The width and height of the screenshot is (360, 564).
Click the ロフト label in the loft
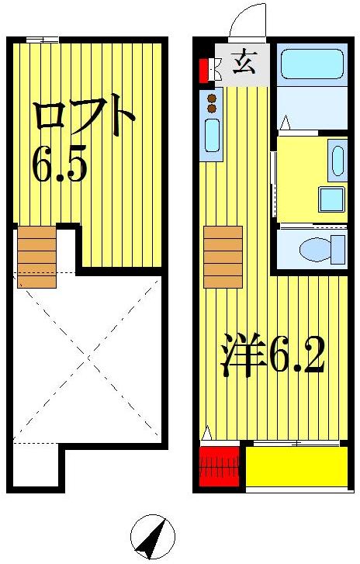point(85,117)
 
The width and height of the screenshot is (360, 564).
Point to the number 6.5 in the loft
point(59,164)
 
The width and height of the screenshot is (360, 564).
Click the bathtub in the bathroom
point(310,64)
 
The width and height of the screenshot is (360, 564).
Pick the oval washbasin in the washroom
point(337,161)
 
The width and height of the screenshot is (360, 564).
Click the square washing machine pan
point(332,200)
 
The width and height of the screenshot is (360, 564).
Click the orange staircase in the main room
point(223,257)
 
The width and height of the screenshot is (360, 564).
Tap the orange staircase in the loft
point(37,256)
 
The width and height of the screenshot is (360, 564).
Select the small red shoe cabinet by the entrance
point(203,70)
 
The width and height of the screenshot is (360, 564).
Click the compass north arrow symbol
point(153,538)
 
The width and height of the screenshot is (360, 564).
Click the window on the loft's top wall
point(42,40)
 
